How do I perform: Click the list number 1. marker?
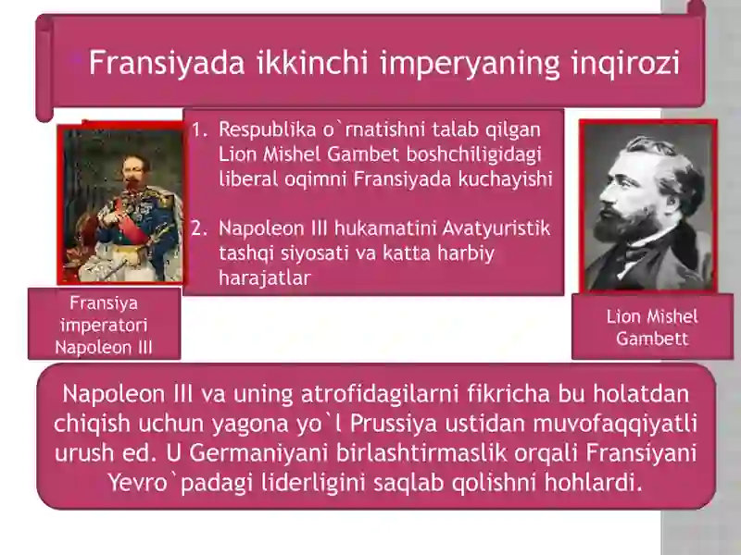(x=198, y=130)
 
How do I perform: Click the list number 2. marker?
(x=198, y=228)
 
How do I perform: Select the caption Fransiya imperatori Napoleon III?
(x=104, y=326)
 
